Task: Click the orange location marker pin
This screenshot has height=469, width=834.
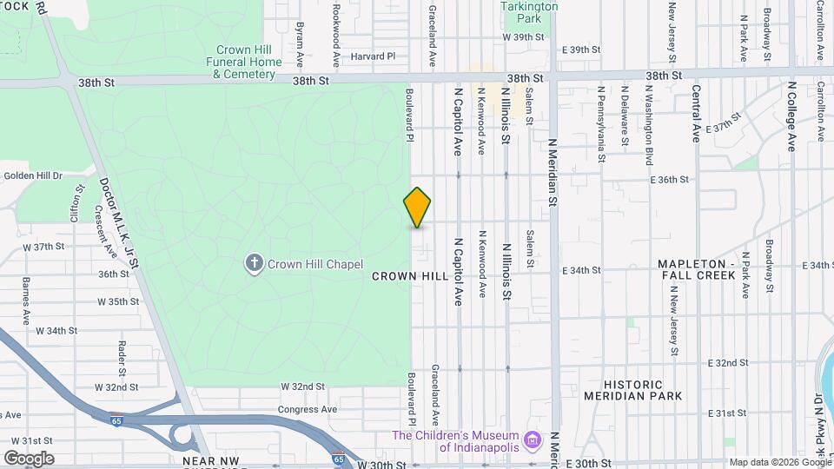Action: [x=417, y=208]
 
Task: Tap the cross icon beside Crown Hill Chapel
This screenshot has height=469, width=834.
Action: [x=255, y=264]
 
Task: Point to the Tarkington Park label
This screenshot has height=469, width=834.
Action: [x=530, y=11]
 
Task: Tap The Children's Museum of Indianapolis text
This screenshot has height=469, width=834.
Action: [x=456, y=441]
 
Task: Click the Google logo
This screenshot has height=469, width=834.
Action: [x=29, y=459]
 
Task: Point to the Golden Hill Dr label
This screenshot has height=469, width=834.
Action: [x=33, y=175]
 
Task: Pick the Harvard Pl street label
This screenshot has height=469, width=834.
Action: [x=373, y=56]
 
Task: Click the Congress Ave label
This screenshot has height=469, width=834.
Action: [x=307, y=409]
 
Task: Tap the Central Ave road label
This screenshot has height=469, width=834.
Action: [x=696, y=113]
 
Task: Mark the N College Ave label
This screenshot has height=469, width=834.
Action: [x=791, y=116]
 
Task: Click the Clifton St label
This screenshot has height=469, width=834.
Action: [x=79, y=201]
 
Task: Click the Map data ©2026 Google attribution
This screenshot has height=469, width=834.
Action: [x=779, y=462]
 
